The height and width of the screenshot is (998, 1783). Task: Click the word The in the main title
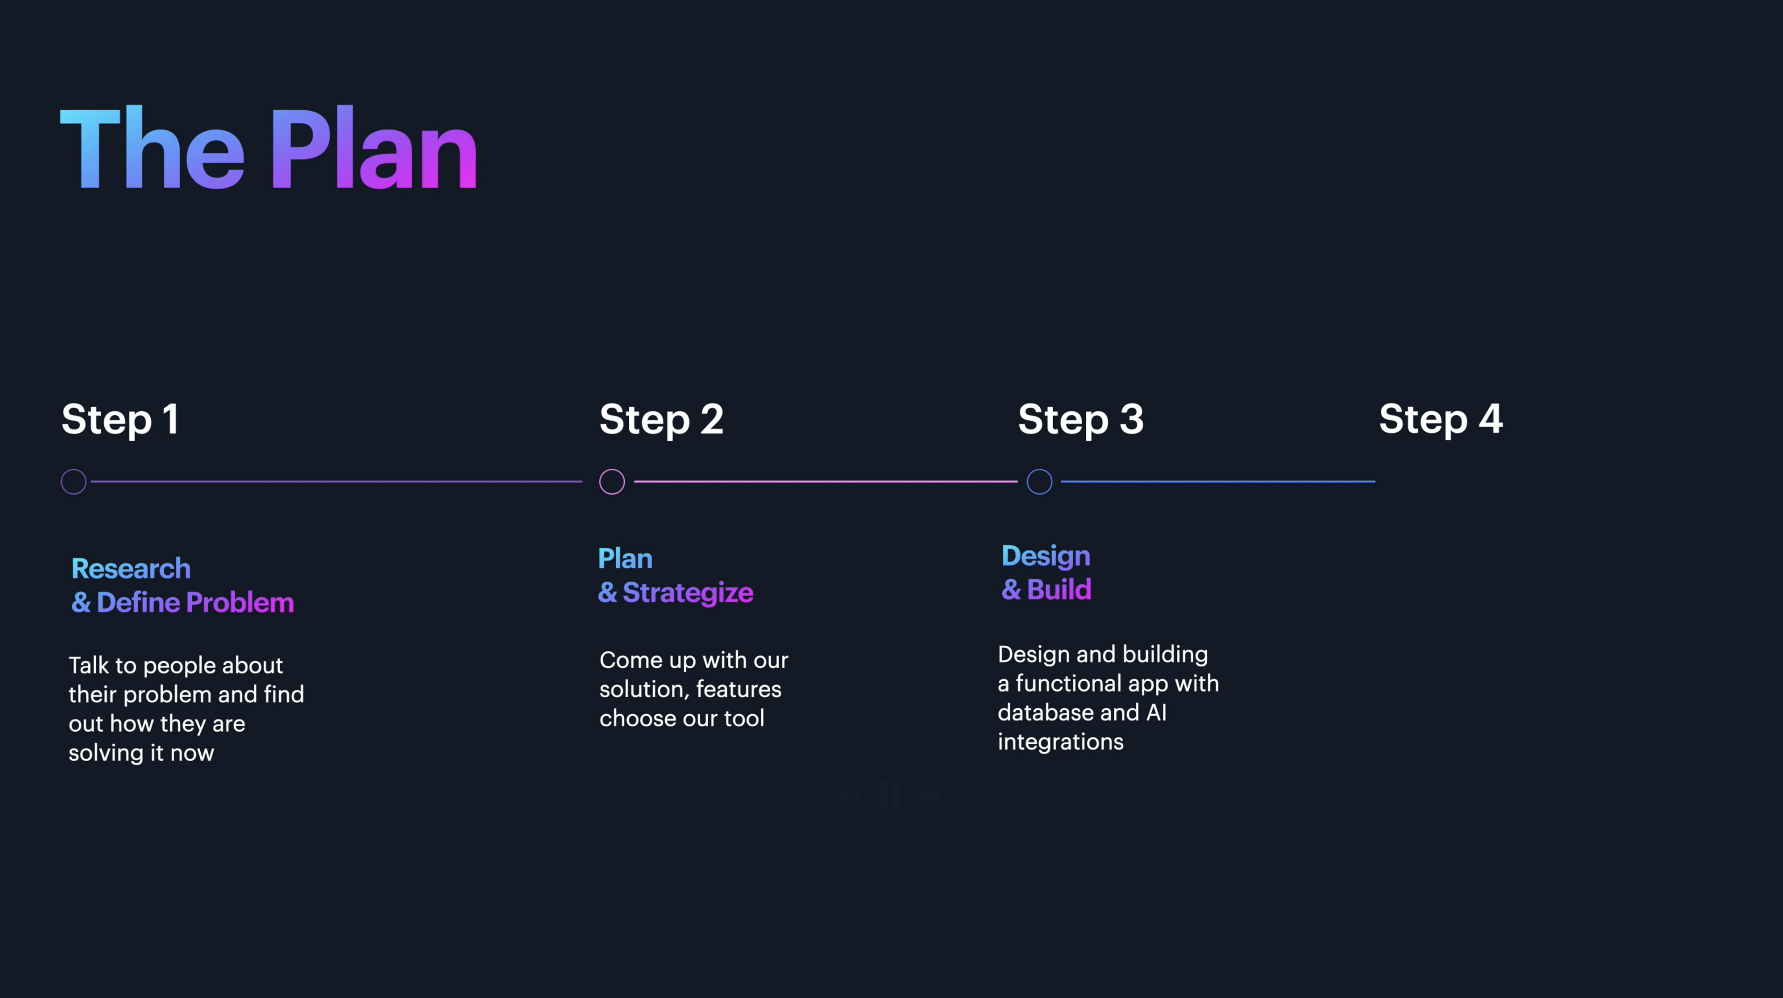[152, 149]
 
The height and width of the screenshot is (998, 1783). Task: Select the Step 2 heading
[661, 420]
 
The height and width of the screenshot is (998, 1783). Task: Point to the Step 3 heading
[1081, 420]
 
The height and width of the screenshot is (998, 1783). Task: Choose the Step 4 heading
[1440, 420]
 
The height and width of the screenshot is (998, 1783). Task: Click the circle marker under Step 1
[74, 482]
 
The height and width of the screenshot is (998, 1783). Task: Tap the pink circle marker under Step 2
[612, 482]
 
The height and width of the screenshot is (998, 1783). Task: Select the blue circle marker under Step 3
[1039, 482]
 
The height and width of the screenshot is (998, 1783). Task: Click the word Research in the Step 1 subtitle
[131, 569]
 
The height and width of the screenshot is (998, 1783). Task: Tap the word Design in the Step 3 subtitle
[1046, 556]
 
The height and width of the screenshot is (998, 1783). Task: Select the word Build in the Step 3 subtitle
[1059, 590]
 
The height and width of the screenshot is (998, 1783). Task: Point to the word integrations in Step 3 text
[1060, 742]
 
